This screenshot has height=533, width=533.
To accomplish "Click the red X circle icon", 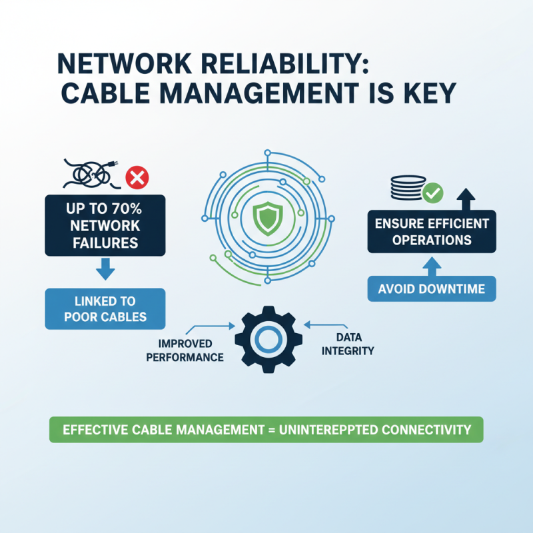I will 137,178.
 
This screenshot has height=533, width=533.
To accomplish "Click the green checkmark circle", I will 432,193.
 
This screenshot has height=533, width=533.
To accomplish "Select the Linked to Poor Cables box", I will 105,308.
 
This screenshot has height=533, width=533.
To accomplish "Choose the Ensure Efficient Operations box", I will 432,231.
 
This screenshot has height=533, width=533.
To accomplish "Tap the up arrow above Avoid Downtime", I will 432,264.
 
